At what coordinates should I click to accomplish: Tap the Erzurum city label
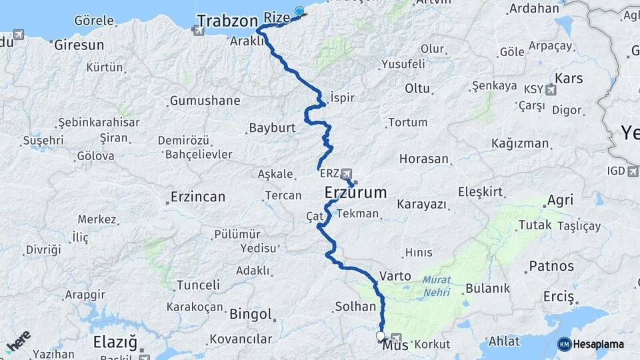pos(355,193)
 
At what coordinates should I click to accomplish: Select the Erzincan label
pos(197,197)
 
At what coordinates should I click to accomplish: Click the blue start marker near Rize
pos(299,11)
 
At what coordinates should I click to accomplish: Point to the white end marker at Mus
pos(380,336)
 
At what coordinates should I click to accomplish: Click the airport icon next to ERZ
pos(347,173)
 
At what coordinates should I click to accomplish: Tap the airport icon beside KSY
pos(551,89)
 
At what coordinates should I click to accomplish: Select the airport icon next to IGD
pos(633,171)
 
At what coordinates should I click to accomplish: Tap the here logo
pos(18,341)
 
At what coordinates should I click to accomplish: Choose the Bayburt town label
pos(267,127)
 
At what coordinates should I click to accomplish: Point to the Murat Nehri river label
pos(436,286)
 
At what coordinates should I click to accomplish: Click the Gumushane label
pos(205,101)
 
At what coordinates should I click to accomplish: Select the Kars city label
pos(569,79)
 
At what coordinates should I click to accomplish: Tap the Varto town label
pos(395,275)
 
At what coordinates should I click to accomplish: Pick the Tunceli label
pos(198,285)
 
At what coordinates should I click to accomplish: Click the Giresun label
pos(79,45)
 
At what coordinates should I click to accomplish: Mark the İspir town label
pos(341,97)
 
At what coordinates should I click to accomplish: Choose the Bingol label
pos(251,314)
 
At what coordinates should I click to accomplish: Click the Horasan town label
pos(424,159)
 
